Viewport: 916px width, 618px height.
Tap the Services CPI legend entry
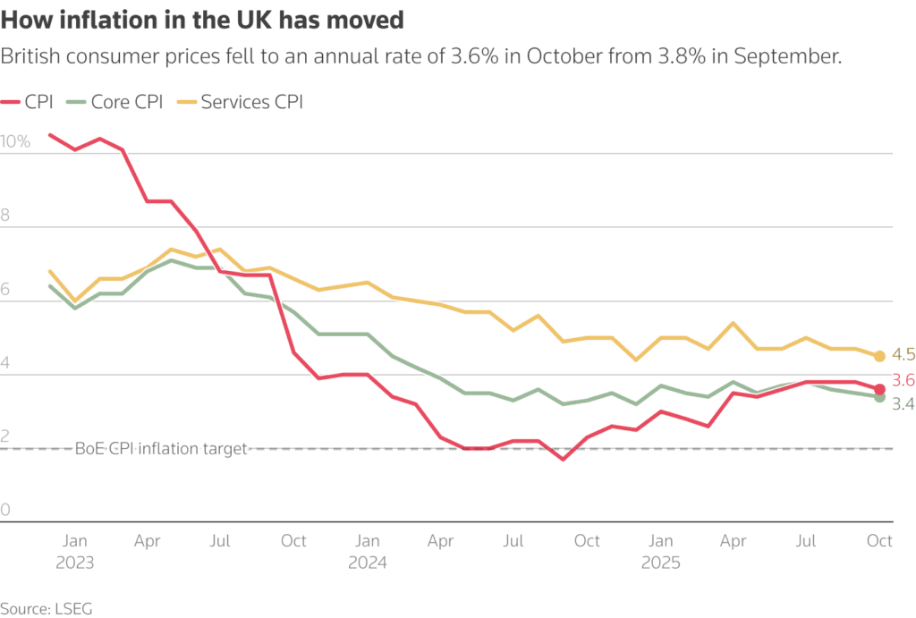[242, 102]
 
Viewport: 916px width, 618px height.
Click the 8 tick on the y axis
[5, 216]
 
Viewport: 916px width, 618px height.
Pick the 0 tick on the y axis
[5, 510]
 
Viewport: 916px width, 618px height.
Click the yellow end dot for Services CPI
[879, 356]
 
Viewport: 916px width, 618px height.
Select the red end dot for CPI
[879, 389]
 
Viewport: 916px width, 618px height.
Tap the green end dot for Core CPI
[879, 397]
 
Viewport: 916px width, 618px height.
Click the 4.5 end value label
[902, 355]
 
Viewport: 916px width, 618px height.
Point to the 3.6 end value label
[902, 380]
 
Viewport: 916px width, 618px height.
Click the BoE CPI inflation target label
[161, 449]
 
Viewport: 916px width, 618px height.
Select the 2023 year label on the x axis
[75, 563]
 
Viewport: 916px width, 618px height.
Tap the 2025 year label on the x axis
[660, 563]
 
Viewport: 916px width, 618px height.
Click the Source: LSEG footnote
[47, 608]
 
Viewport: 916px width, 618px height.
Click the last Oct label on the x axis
[879, 541]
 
